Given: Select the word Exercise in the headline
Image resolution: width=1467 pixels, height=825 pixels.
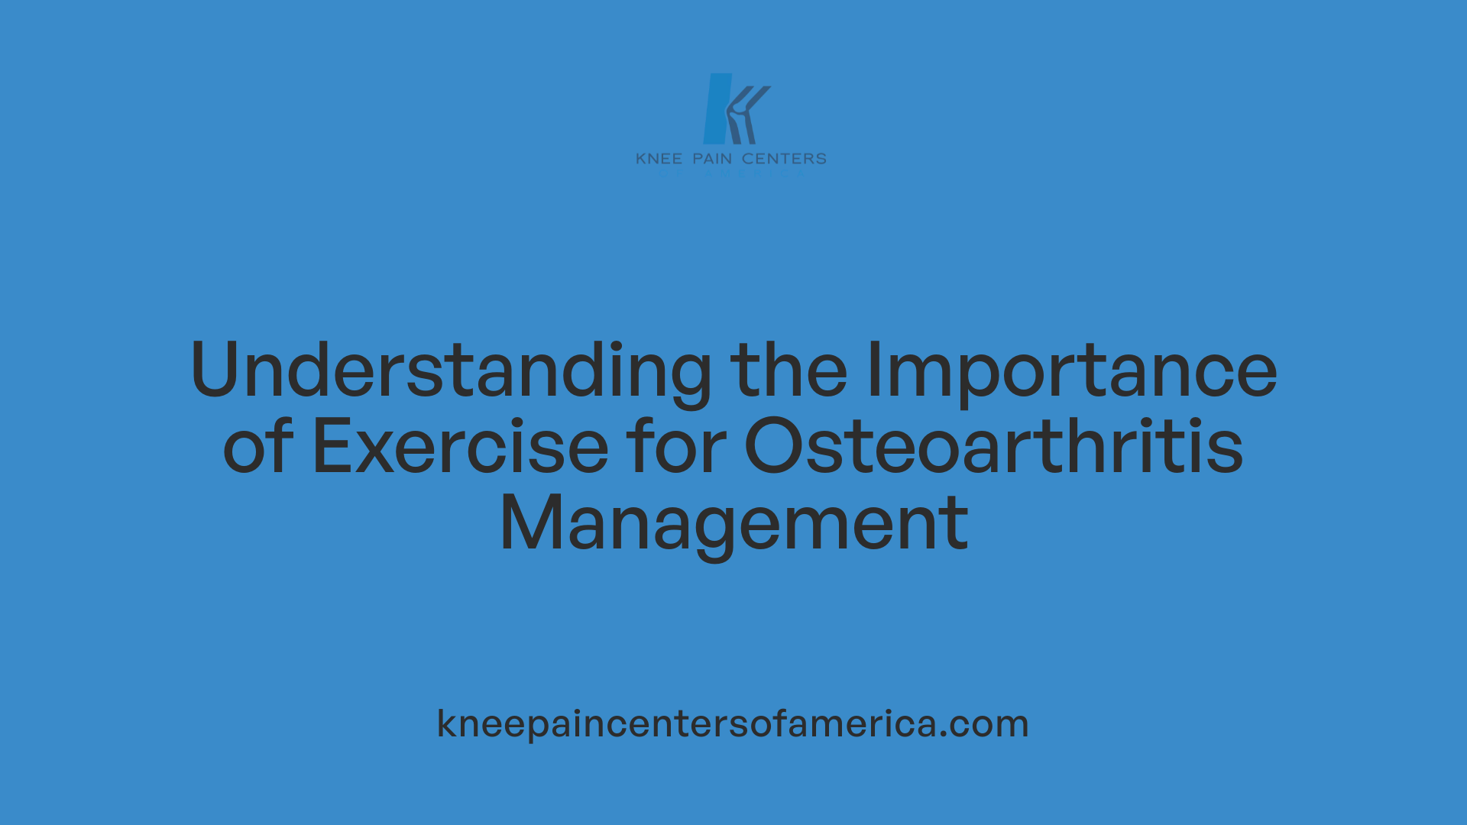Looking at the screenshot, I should pyautogui.click(x=461, y=447).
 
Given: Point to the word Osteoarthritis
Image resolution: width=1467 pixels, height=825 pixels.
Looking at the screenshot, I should pyautogui.click(x=993, y=447).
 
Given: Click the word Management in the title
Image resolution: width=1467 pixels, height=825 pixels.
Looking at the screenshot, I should pyautogui.click(x=733, y=524).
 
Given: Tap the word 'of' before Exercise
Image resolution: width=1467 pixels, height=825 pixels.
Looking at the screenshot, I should pyautogui.click(x=257, y=447).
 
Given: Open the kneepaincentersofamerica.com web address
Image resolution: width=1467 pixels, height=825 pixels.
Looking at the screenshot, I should pyautogui.click(x=733, y=723).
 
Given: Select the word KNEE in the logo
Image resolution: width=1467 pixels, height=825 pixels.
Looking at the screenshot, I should pyautogui.click(x=659, y=159).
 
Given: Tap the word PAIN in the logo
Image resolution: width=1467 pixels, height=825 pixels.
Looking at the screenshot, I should pyautogui.click(x=712, y=159).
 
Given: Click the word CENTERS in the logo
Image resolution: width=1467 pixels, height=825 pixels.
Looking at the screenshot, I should pyautogui.click(x=784, y=159).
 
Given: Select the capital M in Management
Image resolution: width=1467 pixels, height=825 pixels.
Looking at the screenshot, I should pyautogui.click(x=530, y=524).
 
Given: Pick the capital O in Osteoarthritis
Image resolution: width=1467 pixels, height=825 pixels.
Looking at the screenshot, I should pyautogui.click(x=772, y=447).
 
